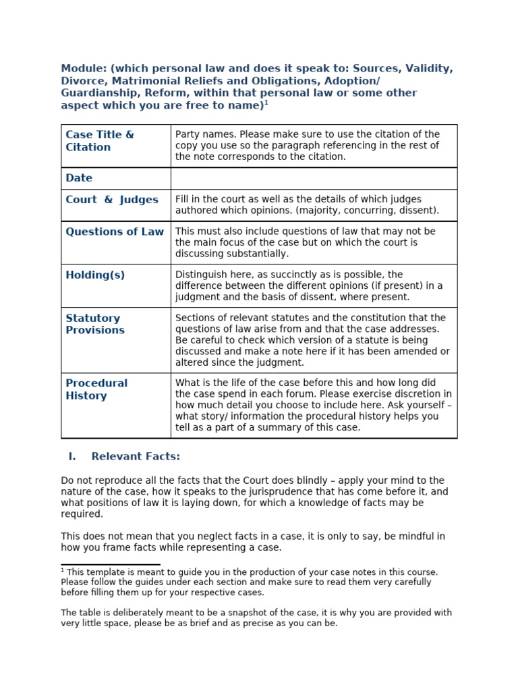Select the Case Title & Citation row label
coord(99,140)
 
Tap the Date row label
coord(79,178)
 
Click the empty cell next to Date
coord(314,178)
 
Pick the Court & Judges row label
coord(112,200)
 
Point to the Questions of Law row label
coord(115,231)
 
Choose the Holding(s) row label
coord(95,275)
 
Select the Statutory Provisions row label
coord(95,324)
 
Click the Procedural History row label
coord(96,389)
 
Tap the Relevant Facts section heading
coord(136,457)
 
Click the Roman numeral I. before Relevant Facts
coord(71,457)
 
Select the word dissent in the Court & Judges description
coord(420,211)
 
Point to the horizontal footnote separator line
coord(111,564)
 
